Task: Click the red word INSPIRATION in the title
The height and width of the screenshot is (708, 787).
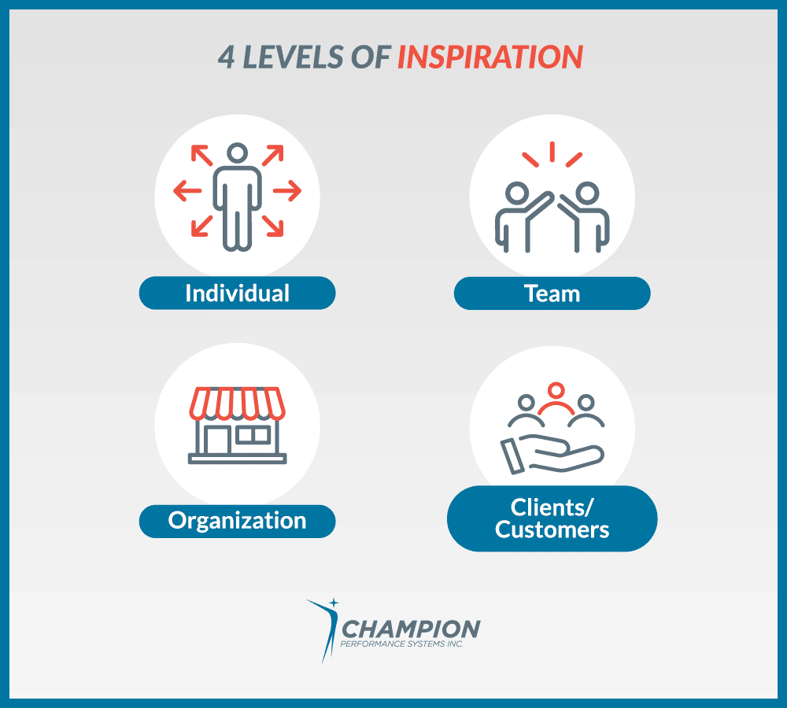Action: tap(490, 57)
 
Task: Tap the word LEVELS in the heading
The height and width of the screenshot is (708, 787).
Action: tap(293, 57)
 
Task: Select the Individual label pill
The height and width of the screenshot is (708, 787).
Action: tap(238, 293)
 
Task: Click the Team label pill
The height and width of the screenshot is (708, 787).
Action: tap(552, 293)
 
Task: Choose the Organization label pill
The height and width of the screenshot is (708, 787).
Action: tap(238, 521)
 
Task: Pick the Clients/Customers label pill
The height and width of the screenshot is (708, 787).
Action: tap(552, 518)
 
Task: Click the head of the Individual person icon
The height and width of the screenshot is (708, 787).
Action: tap(238, 153)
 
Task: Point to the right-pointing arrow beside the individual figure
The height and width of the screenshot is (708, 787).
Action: tap(287, 190)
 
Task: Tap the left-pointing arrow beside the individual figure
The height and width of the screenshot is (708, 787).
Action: tap(187, 190)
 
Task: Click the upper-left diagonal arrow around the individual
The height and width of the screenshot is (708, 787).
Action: tap(201, 156)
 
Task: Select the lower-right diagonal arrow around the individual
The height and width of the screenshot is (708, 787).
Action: tap(272, 226)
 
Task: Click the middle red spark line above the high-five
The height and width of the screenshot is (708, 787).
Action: tap(552, 152)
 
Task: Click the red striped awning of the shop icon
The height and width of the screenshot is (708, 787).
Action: tap(238, 403)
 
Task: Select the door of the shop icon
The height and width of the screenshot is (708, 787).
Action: tap(217, 440)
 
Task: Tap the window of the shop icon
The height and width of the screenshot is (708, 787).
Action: tap(253, 434)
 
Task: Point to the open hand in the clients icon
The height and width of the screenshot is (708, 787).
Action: tap(552, 454)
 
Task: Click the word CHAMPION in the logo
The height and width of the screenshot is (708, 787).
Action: tap(411, 629)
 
